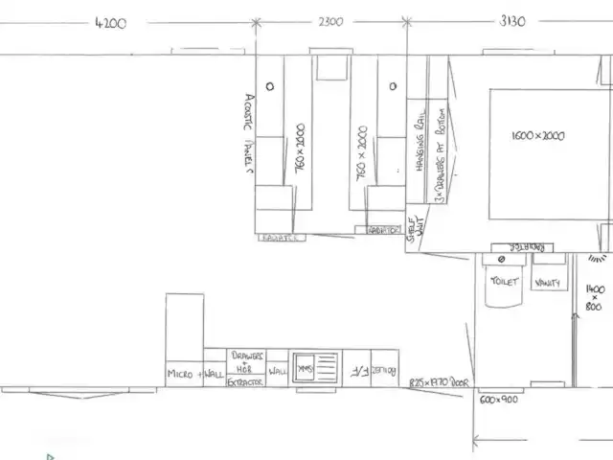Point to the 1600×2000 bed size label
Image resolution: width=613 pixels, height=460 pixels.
tap(537, 136)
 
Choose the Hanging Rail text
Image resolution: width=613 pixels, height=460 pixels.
tap(420, 149)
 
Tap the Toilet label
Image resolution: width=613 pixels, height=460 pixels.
tap(504, 282)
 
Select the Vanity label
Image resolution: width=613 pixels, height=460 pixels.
tap(548, 282)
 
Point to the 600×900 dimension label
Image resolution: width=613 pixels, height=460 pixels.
tap(499, 399)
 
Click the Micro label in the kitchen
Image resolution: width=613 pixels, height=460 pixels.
tap(180, 374)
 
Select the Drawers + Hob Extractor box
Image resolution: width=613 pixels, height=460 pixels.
tap(245, 368)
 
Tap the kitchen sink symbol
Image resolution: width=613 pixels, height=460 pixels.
tap(316, 367)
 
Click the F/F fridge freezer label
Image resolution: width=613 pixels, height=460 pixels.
tap(352, 369)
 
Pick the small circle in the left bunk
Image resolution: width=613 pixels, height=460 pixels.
tap(270, 85)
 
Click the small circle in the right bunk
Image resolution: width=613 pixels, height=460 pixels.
tap(392, 86)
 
